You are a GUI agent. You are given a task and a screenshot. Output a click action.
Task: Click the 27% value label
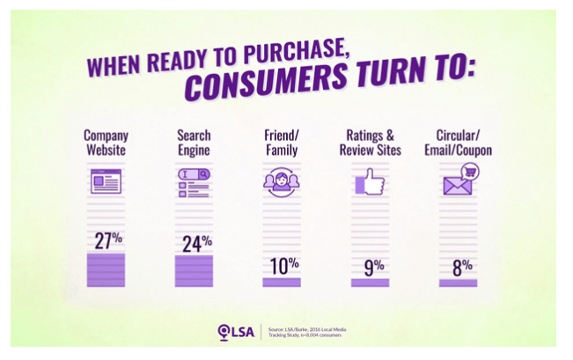click(x=106, y=239)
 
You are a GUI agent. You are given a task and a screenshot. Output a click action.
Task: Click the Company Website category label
click(x=106, y=143)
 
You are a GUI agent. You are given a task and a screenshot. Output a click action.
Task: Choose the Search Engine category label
click(x=194, y=143)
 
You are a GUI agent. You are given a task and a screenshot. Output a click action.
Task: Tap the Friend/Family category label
click(x=283, y=143)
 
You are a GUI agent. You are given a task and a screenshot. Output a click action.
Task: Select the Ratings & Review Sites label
click(x=371, y=143)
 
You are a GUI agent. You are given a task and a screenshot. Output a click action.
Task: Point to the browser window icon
click(x=106, y=181)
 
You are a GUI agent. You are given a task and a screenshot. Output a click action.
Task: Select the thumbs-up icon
click(x=370, y=183)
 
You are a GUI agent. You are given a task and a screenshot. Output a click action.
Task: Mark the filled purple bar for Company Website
click(x=106, y=269)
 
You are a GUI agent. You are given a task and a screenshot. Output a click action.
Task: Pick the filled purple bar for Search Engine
click(x=194, y=271)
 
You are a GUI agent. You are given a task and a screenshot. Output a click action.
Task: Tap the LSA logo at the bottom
click(x=235, y=332)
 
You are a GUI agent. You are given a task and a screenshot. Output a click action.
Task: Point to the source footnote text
click(x=307, y=332)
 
